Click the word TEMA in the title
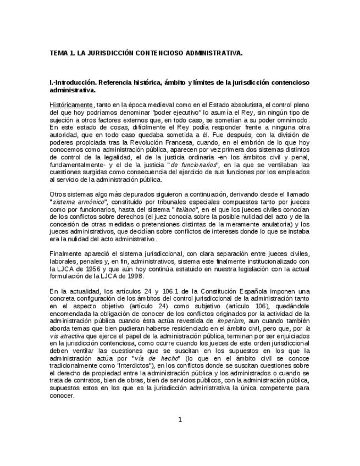58,53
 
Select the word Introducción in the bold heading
75,82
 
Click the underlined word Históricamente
71,104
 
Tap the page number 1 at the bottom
180,420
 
